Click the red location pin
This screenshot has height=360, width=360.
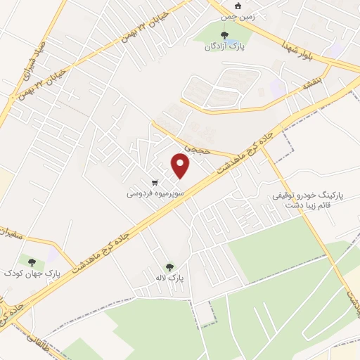pyautogui.click(x=181, y=166)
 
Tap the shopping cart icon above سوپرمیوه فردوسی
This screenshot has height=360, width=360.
pyautogui.click(x=155, y=183)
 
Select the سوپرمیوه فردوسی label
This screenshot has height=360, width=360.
pyautogui.click(x=155, y=192)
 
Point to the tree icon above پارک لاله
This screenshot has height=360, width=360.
pyautogui.click(x=169, y=267)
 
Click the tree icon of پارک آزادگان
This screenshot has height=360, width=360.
pyautogui.click(x=224, y=35)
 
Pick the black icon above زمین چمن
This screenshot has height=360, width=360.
pyautogui.click(x=238, y=6)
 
